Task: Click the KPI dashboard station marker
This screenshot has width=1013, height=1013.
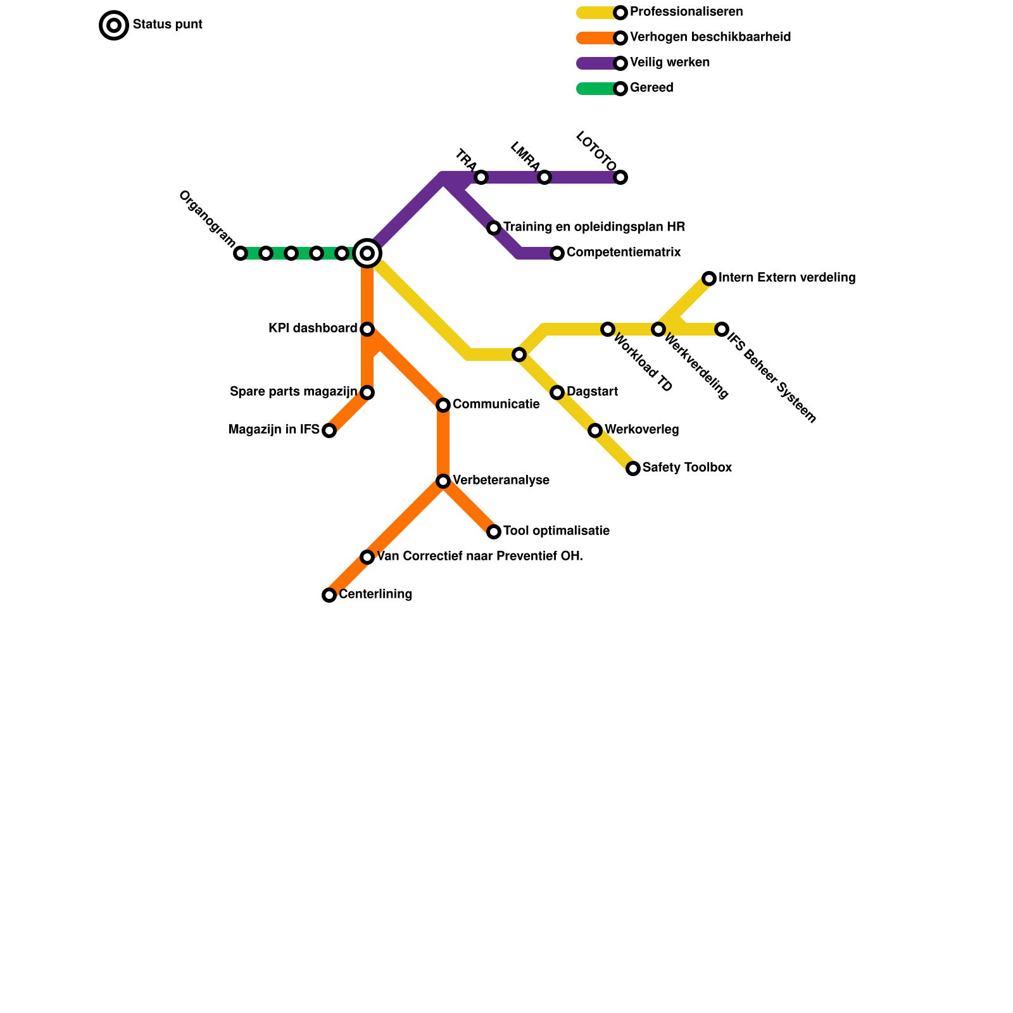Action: point(367,329)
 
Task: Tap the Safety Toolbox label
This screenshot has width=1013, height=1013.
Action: point(687,468)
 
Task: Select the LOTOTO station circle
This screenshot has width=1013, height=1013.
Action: point(620,177)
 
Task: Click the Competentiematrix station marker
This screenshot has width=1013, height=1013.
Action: point(557,253)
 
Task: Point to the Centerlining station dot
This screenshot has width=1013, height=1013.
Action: point(329,595)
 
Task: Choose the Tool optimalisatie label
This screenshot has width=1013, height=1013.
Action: point(556,531)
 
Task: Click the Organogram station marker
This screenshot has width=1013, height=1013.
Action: point(241,253)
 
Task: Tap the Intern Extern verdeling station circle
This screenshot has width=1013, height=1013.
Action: point(709,279)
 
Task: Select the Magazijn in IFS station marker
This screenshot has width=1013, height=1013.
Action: point(329,431)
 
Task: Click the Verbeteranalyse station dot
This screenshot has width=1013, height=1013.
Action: point(443,481)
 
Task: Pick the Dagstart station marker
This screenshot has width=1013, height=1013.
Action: point(557,393)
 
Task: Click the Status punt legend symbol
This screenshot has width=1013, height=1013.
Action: point(114,25)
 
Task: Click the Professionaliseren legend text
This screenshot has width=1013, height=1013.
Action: point(686,12)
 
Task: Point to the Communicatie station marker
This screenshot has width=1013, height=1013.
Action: point(443,405)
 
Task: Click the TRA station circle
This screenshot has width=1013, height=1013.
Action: point(481,177)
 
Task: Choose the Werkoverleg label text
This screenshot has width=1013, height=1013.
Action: point(641,430)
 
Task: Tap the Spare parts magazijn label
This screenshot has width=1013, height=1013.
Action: point(293,392)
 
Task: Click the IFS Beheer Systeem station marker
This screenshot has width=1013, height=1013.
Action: point(722,329)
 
